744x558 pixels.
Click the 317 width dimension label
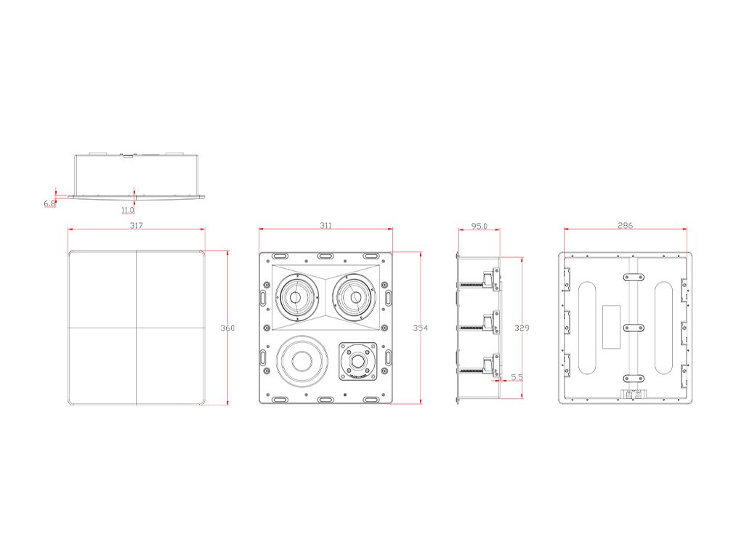136,225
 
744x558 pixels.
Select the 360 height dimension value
227,328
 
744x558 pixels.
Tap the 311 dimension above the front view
325,225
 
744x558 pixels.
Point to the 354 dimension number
421,328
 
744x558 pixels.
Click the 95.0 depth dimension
480,227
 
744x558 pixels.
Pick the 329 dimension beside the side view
522,328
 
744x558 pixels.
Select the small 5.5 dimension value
517,377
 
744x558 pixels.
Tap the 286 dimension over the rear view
626,225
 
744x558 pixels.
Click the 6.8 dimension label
50,203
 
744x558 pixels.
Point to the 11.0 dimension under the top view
128,210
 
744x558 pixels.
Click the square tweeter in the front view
358,361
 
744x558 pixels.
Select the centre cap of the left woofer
295,297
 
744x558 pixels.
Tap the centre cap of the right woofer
356,297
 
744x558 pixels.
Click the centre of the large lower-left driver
302,360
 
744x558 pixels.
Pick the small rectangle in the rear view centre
611,328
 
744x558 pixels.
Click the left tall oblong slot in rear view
587,328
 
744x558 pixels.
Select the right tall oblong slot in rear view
663,328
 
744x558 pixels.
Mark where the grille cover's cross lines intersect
136,328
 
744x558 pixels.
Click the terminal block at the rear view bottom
634,395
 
